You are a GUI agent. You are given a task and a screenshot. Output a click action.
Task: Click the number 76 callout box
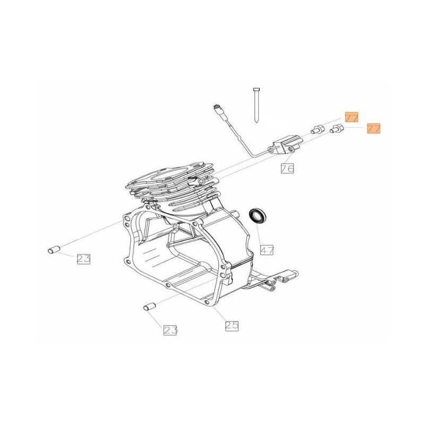point(287,168)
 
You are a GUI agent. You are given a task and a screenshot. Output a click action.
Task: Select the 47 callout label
point(266,249)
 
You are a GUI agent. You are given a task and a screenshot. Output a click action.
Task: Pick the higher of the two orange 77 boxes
point(352,117)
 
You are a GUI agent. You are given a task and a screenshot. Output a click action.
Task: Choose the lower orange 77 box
point(374,129)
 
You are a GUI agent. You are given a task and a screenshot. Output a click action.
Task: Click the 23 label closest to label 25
point(170,330)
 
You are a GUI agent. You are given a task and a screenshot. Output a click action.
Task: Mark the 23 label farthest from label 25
point(83,259)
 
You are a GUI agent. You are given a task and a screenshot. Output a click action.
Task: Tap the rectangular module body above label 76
point(287,144)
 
